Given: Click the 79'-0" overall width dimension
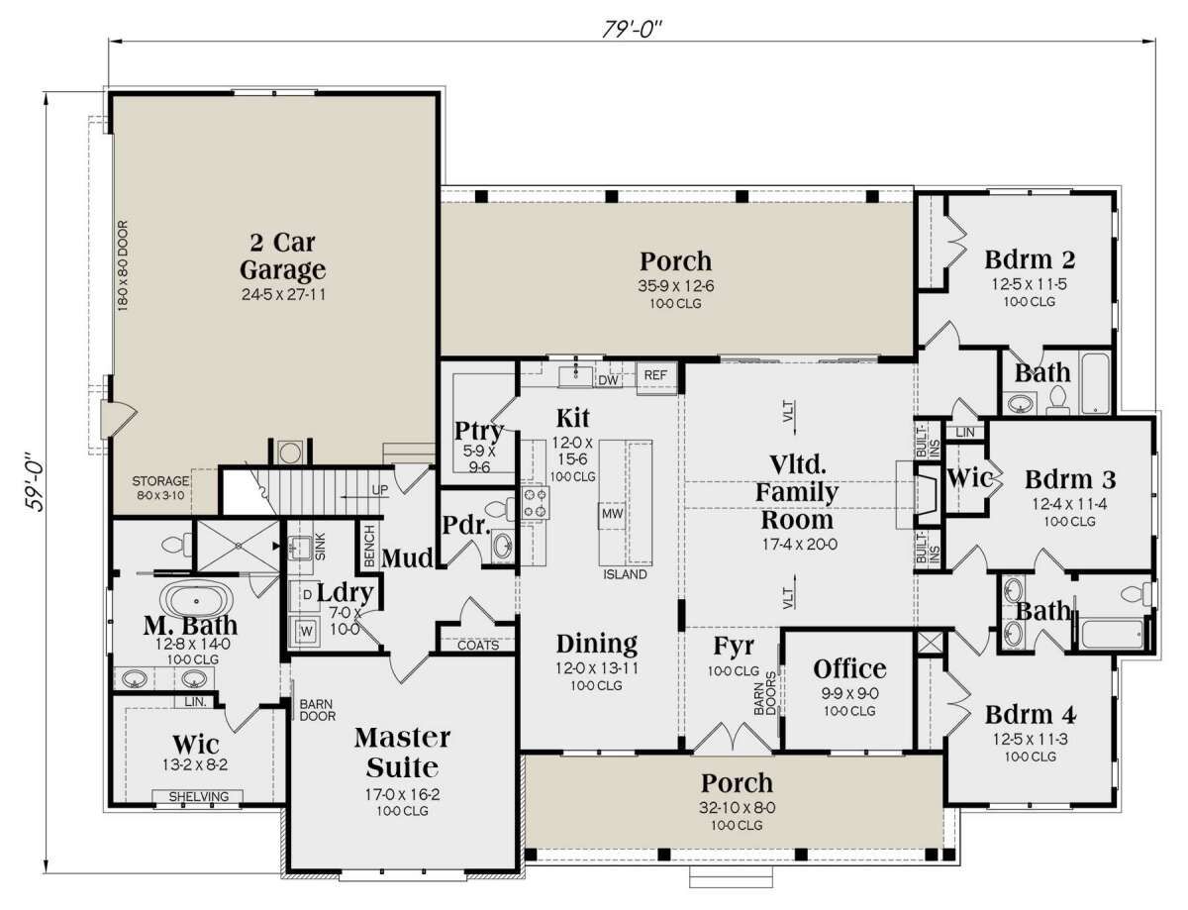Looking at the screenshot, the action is [632, 30].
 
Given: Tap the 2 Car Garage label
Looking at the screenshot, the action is [283, 255].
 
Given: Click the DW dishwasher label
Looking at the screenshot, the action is [608, 380].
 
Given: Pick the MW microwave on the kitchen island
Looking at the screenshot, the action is [612, 513].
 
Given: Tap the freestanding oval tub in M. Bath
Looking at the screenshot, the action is [196, 601].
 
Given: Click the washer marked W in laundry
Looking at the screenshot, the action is [306, 631].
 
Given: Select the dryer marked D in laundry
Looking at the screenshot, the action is [307, 595].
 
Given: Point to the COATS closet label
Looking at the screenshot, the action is [478, 646].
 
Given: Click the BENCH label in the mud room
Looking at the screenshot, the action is [369, 546].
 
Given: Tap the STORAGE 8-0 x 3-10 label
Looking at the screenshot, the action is [160, 488].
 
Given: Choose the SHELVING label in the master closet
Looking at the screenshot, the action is [198, 797].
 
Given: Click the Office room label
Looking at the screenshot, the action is [849, 669].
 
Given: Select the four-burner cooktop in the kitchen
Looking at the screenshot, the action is [535, 503].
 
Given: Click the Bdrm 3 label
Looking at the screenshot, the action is [1070, 479].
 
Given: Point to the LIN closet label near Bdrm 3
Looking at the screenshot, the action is [965, 433].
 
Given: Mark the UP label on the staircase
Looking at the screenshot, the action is [380, 489].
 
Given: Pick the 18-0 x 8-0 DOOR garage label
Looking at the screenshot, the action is [123, 266].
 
